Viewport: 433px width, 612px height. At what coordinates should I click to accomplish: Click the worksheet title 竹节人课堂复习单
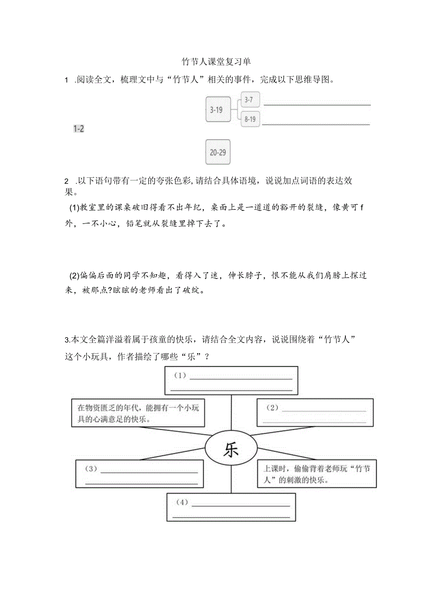click(216, 62)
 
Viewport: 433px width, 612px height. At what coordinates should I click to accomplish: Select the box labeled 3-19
click(218, 110)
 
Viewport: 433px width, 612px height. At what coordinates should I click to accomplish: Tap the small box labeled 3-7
click(250, 100)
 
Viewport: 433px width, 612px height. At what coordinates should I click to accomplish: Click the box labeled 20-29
click(218, 152)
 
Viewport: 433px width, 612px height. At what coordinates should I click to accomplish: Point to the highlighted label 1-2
click(79, 129)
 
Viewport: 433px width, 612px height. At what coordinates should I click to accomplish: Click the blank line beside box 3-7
click(316, 104)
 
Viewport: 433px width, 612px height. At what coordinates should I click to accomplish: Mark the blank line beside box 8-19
click(316, 124)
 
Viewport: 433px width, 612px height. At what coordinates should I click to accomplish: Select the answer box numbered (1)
click(231, 382)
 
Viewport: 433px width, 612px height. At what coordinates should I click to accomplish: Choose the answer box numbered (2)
click(315, 413)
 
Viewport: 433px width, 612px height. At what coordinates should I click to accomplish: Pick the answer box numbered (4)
click(231, 507)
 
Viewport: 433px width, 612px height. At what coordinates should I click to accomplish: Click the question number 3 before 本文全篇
click(66, 340)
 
